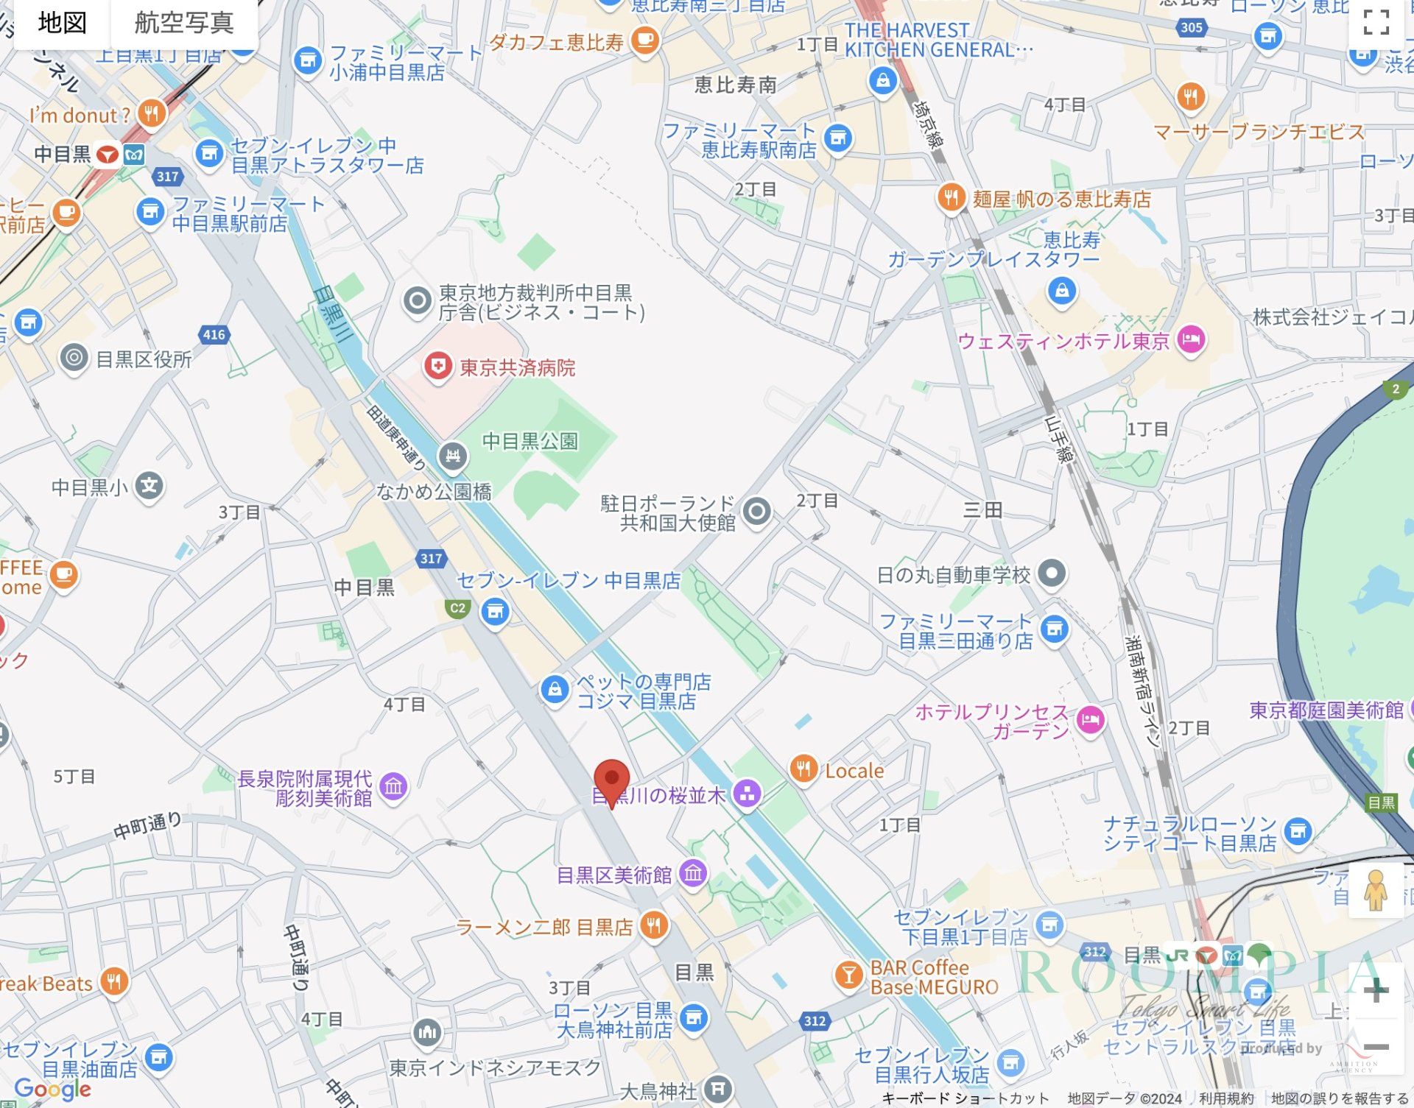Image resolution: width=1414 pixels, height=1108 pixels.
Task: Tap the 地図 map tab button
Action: pos(62,23)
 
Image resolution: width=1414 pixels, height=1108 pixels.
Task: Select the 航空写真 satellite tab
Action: pos(184,23)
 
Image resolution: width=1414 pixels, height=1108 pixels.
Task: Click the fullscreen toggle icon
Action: pos(1376,23)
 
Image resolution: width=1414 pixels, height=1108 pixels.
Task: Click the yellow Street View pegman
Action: pos(1375,890)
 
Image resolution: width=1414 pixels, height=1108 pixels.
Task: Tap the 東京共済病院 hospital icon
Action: pos(438,366)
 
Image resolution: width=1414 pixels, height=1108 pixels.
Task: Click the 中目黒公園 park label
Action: pos(530,441)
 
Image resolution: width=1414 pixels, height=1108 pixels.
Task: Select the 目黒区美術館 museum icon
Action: pos(693,874)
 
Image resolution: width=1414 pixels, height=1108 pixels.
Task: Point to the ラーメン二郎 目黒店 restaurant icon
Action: pos(653,925)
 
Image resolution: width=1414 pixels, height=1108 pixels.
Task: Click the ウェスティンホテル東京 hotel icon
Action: pos(1191,339)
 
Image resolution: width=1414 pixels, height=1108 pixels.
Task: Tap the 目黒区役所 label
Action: pos(144,359)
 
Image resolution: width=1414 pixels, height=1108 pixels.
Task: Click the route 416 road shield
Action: pos(214,335)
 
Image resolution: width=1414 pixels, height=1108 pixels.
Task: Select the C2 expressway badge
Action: pos(457,608)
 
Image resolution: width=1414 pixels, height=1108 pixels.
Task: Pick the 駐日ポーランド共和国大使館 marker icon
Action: pos(756,511)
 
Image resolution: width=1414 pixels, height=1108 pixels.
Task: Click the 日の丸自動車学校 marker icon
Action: pos(1052,574)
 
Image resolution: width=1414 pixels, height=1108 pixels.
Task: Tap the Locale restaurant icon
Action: pos(803,769)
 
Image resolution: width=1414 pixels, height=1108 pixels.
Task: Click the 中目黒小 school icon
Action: pos(149,486)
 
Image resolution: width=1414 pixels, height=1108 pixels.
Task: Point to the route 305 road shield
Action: pos(1191,28)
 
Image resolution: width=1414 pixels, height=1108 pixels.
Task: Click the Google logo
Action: pos(53,1089)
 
